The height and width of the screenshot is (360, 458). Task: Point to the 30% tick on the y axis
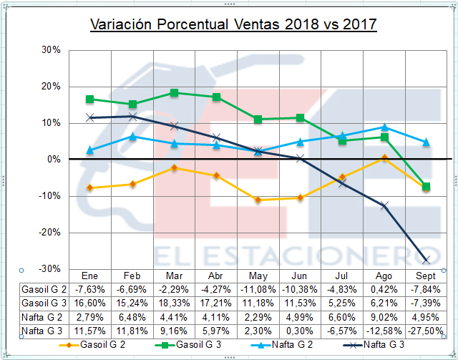click(x=51, y=50)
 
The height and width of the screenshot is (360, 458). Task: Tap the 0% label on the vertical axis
click(x=54, y=159)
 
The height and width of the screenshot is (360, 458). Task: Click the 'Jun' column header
click(x=299, y=276)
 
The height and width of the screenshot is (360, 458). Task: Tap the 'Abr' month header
click(x=215, y=276)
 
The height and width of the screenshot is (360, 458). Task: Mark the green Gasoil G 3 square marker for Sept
click(x=426, y=187)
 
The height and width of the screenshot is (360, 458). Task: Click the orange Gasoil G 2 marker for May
click(x=258, y=200)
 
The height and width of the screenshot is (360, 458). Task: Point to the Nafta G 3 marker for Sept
click(x=426, y=260)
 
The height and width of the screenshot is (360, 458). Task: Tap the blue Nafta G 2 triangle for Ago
click(x=384, y=127)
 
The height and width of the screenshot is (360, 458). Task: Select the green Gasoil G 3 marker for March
click(x=174, y=92)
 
